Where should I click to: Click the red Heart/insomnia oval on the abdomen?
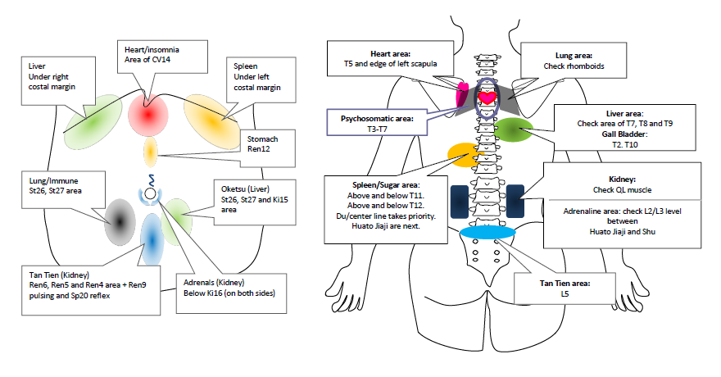click(x=148, y=114)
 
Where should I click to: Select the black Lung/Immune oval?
click(x=120, y=219)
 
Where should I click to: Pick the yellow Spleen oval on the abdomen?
click(x=211, y=120)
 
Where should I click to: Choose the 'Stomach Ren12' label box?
click(x=263, y=145)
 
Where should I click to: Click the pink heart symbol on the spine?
click(x=487, y=98)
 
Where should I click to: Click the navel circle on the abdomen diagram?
click(x=150, y=195)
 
